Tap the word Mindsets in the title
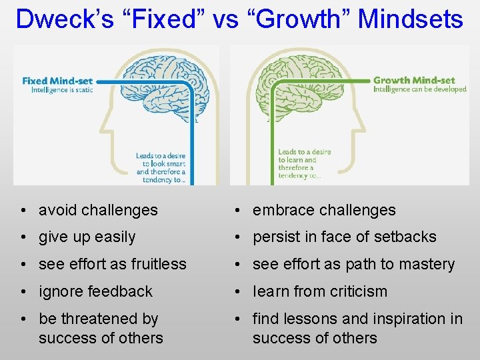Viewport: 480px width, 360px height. tap(410, 19)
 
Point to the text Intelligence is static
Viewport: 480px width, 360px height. tap(62, 90)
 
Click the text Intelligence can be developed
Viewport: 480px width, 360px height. tap(419, 89)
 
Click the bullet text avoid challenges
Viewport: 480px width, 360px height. tap(98, 210)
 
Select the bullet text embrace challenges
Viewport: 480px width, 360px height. tap(324, 210)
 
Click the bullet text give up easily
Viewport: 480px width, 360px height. tap(87, 237)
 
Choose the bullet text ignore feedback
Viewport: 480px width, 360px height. tap(95, 292)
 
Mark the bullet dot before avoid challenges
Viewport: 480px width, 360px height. tap(23, 211)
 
